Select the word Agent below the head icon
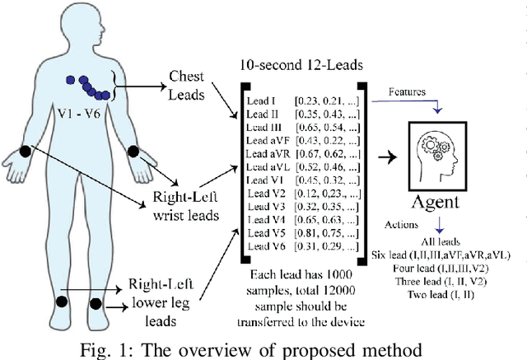[437, 201]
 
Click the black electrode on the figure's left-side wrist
[25, 151]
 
